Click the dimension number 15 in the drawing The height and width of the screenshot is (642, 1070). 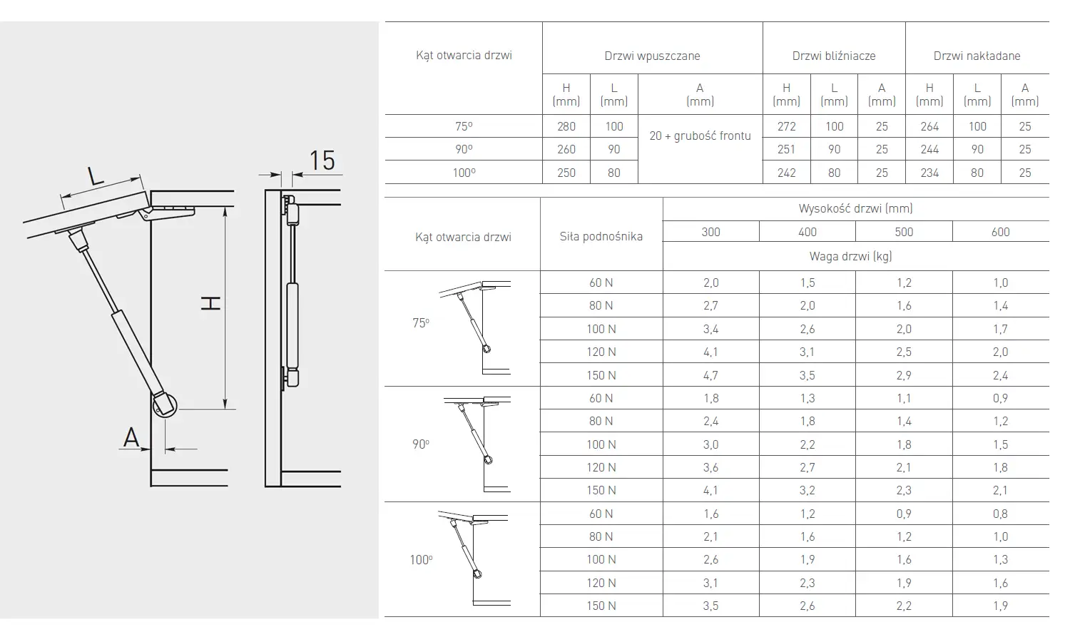322,161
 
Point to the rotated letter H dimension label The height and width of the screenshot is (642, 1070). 210,303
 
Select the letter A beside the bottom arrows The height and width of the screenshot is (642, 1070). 131,437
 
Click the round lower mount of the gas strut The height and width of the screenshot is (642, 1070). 165,404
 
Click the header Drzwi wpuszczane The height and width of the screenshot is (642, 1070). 652,56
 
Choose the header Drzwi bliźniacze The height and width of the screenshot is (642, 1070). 834,56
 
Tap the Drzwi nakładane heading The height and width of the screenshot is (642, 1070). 977,56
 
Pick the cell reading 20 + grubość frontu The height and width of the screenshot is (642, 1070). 700,136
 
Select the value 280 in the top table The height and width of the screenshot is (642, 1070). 566,126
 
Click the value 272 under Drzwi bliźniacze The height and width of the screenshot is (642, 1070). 786,126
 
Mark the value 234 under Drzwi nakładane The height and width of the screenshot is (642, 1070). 929,173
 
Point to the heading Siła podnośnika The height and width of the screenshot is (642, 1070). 601,236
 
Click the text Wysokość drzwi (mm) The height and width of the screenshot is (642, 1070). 855,208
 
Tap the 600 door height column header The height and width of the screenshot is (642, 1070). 1000,232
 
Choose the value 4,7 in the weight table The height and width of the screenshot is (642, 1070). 710,375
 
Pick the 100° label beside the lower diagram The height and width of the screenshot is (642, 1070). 421,560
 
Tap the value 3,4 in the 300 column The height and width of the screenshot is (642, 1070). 710,329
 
